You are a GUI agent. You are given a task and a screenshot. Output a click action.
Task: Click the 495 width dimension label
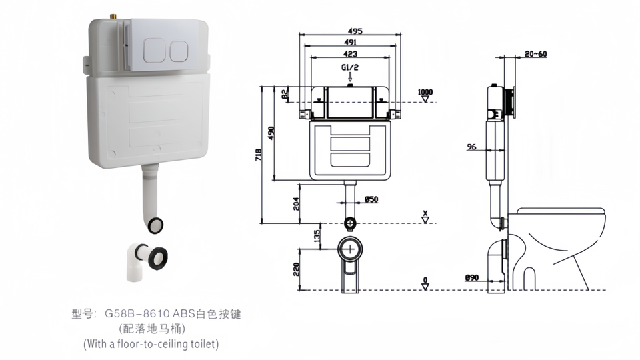[355, 31]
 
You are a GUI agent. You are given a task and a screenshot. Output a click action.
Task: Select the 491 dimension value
[350, 42]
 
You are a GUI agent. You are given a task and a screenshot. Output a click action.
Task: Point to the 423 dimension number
[350, 53]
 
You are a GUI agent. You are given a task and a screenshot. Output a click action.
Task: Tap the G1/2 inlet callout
[350, 67]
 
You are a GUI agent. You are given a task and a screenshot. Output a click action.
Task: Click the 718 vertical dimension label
[259, 155]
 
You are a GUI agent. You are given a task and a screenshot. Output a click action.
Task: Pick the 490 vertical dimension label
[271, 133]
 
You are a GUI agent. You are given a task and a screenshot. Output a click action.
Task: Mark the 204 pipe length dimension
[297, 204]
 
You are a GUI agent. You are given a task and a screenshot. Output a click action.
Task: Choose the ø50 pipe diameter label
[371, 199]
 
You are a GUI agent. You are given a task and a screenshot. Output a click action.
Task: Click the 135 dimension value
[317, 235]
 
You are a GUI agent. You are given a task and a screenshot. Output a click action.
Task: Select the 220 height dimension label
[297, 269]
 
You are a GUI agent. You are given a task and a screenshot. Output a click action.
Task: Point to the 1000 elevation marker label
[425, 92]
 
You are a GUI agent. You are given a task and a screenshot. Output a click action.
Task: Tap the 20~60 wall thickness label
[536, 54]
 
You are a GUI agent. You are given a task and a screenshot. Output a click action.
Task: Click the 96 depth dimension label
[471, 147]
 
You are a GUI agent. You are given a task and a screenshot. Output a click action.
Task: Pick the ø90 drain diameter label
[471, 277]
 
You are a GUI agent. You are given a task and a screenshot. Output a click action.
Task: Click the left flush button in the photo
[154, 51]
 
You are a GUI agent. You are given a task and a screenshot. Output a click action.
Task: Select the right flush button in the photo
[179, 51]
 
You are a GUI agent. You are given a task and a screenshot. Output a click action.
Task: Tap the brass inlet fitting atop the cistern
[111, 17]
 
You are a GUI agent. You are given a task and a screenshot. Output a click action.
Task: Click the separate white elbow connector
[146, 261]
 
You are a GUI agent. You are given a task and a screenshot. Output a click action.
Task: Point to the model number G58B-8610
[137, 314]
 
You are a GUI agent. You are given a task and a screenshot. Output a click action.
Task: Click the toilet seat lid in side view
[561, 211]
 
